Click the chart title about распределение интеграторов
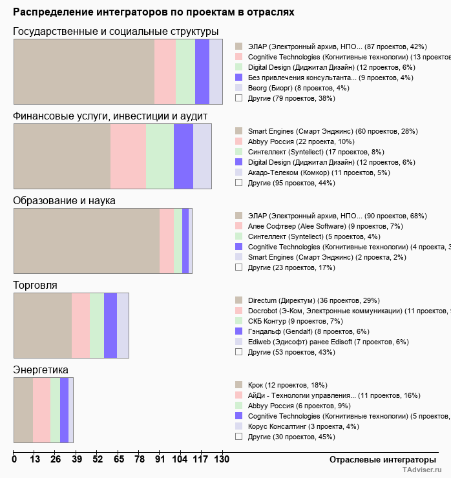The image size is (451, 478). [x=153, y=12]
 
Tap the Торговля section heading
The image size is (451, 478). [x=36, y=285]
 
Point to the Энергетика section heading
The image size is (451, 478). [x=41, y=369]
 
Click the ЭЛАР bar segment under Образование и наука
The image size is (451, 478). [x=87, y=241]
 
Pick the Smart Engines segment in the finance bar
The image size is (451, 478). [x=62, y=156]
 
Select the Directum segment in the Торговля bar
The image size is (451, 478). [x=43, y=325]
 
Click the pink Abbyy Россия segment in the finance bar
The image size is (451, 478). [x=128, y=156]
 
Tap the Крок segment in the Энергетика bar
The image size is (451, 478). [x=23, y=410]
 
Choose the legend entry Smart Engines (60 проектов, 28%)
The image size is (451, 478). [x=301, y=131]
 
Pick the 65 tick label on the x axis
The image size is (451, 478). [x=119, y=459]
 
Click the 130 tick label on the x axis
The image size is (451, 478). [x=221, y=459]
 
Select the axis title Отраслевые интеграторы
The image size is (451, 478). [x=378, y=459]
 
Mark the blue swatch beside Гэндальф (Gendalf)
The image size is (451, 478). [x=238, y=331]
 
